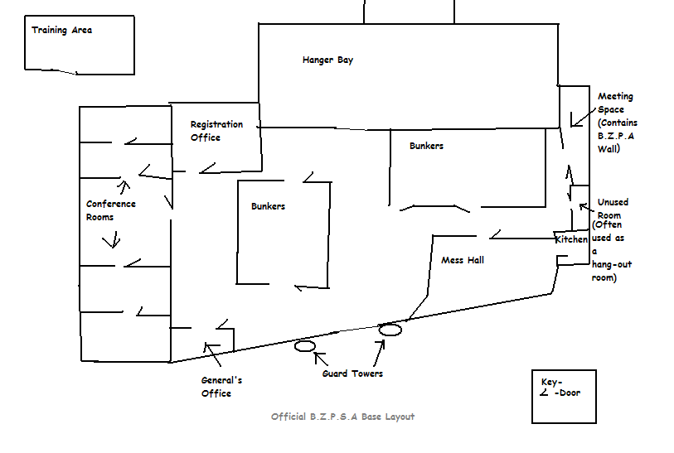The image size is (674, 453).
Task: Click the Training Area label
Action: point(62,31)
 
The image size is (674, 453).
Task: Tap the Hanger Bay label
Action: point(327,60)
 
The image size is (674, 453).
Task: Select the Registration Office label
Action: point(216,131)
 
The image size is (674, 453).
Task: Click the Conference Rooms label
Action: point(110,210)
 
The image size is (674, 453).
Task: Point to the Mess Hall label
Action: point(462,260)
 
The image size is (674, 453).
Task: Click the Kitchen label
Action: point(571,239)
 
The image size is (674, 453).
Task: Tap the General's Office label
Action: point(221,387)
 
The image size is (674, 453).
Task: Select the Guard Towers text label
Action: point(352,374)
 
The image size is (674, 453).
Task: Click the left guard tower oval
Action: point(304,345)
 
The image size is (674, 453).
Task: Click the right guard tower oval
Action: point(390,330)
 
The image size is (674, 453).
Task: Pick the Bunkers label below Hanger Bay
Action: point(426,146)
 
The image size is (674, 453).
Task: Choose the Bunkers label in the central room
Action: point(268,206)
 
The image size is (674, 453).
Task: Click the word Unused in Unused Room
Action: point(613,202)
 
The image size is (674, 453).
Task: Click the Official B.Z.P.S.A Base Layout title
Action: point(342,417)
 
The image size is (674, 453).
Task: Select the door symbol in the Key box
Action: point(544,393)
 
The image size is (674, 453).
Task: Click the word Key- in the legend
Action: point(551,382)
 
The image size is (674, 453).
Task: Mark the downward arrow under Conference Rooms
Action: point(111,239)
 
